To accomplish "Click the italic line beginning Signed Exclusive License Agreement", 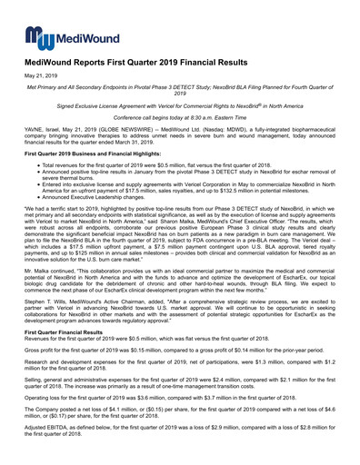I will tap(180, 106).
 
